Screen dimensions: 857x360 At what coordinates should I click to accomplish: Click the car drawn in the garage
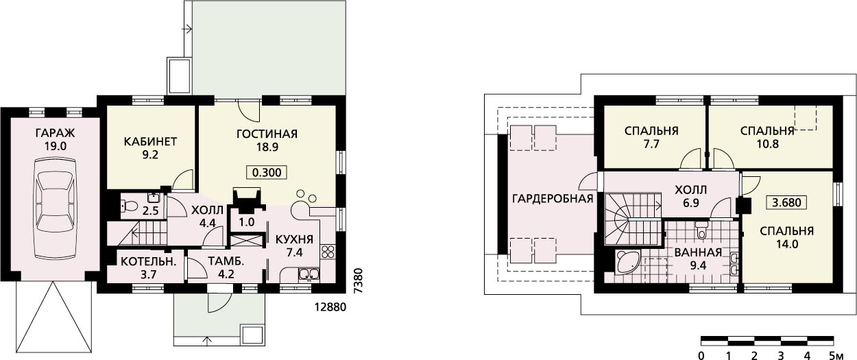(55, 209)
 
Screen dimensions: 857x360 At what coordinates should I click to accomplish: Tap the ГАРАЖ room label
(55, 133)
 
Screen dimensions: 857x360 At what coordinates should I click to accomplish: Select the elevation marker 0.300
(267, 173)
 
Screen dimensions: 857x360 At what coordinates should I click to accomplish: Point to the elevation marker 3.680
(786, 202)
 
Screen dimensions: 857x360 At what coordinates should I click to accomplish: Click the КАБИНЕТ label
(150, 141)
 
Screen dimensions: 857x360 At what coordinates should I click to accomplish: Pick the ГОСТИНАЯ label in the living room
(267, 134)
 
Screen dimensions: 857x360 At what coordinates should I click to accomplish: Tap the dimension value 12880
(330, 307)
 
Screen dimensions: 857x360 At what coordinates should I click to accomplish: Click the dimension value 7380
(359, 281)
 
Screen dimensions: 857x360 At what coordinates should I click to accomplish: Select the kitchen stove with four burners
(328, 252)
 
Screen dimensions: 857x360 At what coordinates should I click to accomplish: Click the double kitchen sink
(309, 274)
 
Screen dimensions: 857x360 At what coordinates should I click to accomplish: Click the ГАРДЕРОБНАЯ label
(553, 199)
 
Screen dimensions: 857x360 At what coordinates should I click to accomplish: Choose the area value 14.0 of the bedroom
(786, 244)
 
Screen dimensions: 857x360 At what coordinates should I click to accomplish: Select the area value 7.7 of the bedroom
(651, 144)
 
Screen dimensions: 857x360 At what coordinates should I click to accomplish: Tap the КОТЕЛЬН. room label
(149, 262)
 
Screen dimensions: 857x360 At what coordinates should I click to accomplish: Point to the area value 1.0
(246, 222)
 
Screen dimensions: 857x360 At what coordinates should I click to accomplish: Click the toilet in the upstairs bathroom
(701, 229)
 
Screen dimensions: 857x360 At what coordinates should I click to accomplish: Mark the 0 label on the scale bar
(701, 356)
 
